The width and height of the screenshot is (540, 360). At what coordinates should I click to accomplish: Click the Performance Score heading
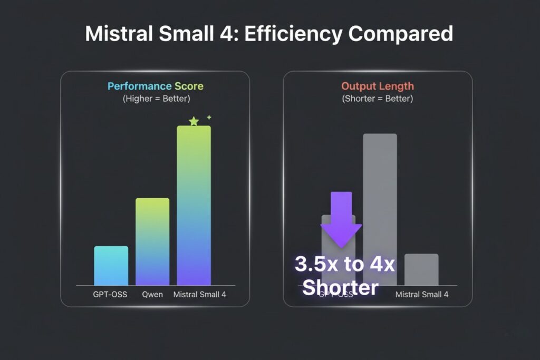155,86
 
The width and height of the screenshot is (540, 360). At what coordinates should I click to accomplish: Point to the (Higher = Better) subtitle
155,99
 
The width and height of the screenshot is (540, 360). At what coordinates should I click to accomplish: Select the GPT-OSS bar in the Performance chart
111,266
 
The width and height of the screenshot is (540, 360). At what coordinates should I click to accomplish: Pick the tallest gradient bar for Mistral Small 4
194,206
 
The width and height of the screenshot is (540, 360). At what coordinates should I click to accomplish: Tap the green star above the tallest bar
194,121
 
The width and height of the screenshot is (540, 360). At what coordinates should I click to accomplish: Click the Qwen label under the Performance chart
152,295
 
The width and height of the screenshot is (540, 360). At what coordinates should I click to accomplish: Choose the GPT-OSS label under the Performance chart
110,295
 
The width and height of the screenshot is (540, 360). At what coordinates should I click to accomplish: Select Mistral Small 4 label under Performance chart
199,295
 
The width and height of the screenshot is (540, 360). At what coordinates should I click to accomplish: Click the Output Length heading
377,86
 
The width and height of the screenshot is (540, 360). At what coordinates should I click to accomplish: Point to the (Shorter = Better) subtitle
377,99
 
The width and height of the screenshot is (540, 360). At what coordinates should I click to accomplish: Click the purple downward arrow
341,219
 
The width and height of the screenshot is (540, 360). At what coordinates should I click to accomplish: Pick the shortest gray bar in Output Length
421,269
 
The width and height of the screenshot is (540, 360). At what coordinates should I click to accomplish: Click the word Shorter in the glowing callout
340,288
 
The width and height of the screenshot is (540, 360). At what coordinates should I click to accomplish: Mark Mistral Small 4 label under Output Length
422,295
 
